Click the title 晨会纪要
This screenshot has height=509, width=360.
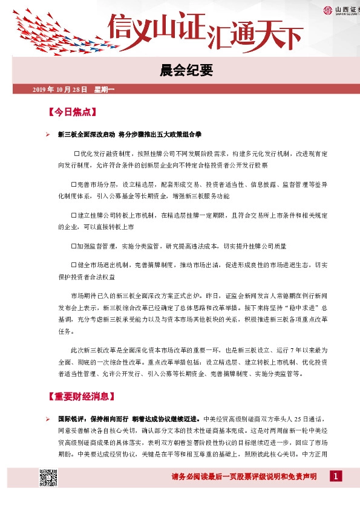[180, 71]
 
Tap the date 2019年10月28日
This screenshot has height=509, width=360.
[59, 90]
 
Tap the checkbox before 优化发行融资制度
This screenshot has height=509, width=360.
[77, 154]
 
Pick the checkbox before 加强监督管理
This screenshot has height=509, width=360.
[73, 246]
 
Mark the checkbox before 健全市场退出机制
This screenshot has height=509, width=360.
[73, 265]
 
